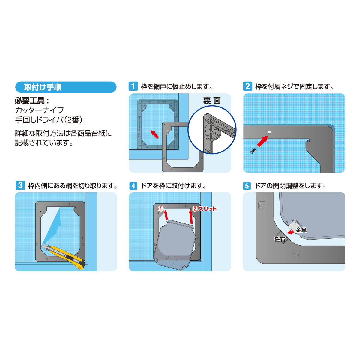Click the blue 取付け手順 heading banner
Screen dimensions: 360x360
point(65,87)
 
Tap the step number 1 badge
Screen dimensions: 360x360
point(133,86)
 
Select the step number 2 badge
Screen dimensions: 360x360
point(247,86)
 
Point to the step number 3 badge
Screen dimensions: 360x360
point(20,185)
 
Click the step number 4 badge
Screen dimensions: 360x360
point(133,186)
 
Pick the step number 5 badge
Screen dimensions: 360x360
point(247,186)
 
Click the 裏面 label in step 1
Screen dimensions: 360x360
point(212,101)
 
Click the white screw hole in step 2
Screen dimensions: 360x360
point(269,132)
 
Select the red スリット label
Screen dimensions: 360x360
point(207,209)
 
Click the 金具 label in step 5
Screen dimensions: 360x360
point(301,230)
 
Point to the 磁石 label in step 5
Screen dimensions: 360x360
point(280,239)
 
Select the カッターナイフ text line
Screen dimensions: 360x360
point(39,110)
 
